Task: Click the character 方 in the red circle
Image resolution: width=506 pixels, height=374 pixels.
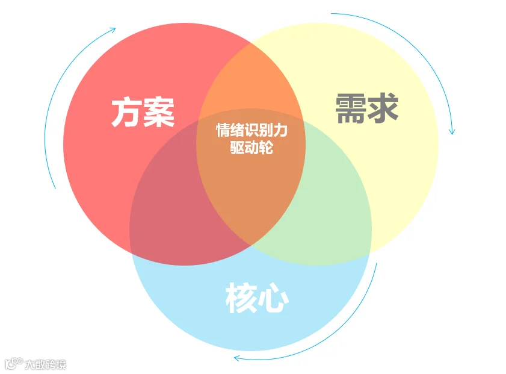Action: (126, 113)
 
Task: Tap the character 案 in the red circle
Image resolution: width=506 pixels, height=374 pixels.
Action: (159, 113)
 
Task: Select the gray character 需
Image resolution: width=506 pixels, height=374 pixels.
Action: (350, 109)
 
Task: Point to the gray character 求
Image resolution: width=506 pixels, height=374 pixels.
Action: (383, 109)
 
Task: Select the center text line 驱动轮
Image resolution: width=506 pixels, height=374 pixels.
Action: (251, 148)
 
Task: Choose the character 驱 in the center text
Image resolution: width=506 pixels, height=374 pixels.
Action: (237, 148)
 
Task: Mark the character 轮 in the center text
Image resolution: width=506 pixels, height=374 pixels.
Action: (266, 148)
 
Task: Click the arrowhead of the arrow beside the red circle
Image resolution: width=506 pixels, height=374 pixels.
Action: (113, 28)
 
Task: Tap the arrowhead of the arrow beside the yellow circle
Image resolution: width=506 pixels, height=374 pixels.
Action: (452, 131)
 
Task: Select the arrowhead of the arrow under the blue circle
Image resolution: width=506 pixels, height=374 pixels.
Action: (237, 358)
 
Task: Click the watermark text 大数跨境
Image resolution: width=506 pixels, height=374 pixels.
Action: (45, 364)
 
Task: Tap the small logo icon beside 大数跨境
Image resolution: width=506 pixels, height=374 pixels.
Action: (13, 364)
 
